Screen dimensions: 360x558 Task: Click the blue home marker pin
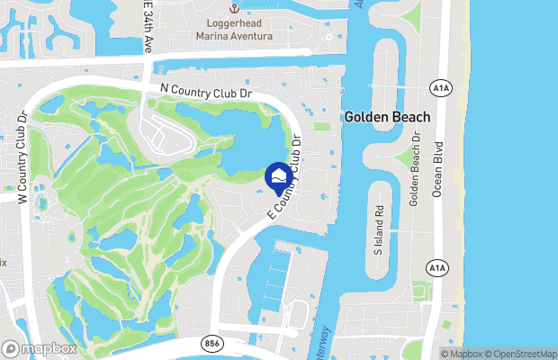279,175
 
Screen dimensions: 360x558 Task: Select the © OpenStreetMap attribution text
522,354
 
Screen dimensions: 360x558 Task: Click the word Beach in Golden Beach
410,118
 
